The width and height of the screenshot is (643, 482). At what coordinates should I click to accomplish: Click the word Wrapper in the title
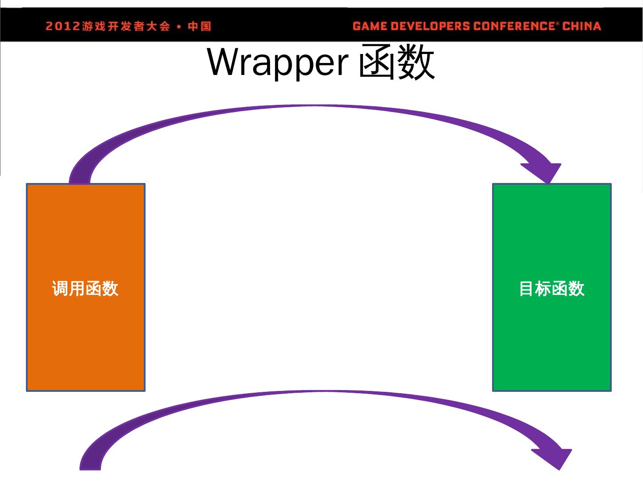point(277,62)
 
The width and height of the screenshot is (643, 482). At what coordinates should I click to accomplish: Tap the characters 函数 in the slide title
point(397,62)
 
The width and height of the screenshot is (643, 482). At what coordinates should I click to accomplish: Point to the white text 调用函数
point(85,289)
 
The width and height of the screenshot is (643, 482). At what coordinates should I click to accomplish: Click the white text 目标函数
point(551,289)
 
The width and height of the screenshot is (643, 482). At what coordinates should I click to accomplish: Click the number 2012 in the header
point(63,26)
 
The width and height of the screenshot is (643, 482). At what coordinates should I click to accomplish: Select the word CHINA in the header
point(581,26)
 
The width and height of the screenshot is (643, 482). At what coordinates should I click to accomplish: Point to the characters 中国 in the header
point(199,26)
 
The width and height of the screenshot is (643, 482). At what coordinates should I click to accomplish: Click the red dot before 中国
point(179,27)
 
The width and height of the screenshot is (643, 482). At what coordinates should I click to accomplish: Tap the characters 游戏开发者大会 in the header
point(126,26)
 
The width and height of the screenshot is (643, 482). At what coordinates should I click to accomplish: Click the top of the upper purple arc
point(315,106)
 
